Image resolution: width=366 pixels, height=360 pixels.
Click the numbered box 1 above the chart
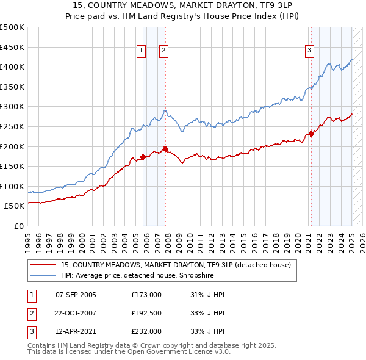click(141, 51)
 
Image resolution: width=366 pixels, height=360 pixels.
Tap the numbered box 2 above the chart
click(164, 51)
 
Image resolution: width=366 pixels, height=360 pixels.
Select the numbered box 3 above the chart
click(310, 51)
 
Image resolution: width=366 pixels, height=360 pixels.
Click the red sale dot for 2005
click(143, 157)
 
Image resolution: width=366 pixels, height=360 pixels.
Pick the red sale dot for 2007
click(165, 149)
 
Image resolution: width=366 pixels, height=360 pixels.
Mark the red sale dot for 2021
click(311, 134)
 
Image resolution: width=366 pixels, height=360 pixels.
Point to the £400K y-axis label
click(12, 67)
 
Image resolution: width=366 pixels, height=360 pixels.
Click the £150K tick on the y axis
click(12, 166)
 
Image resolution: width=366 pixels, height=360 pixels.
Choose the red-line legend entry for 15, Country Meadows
click(176, 265)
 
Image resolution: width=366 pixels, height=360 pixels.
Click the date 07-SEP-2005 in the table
click(76, 295)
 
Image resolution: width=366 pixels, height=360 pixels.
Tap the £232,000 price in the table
click(146, 331)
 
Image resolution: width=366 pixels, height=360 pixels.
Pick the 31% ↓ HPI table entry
click(207, 295)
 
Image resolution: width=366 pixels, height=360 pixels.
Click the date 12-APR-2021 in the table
click(76, 331)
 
